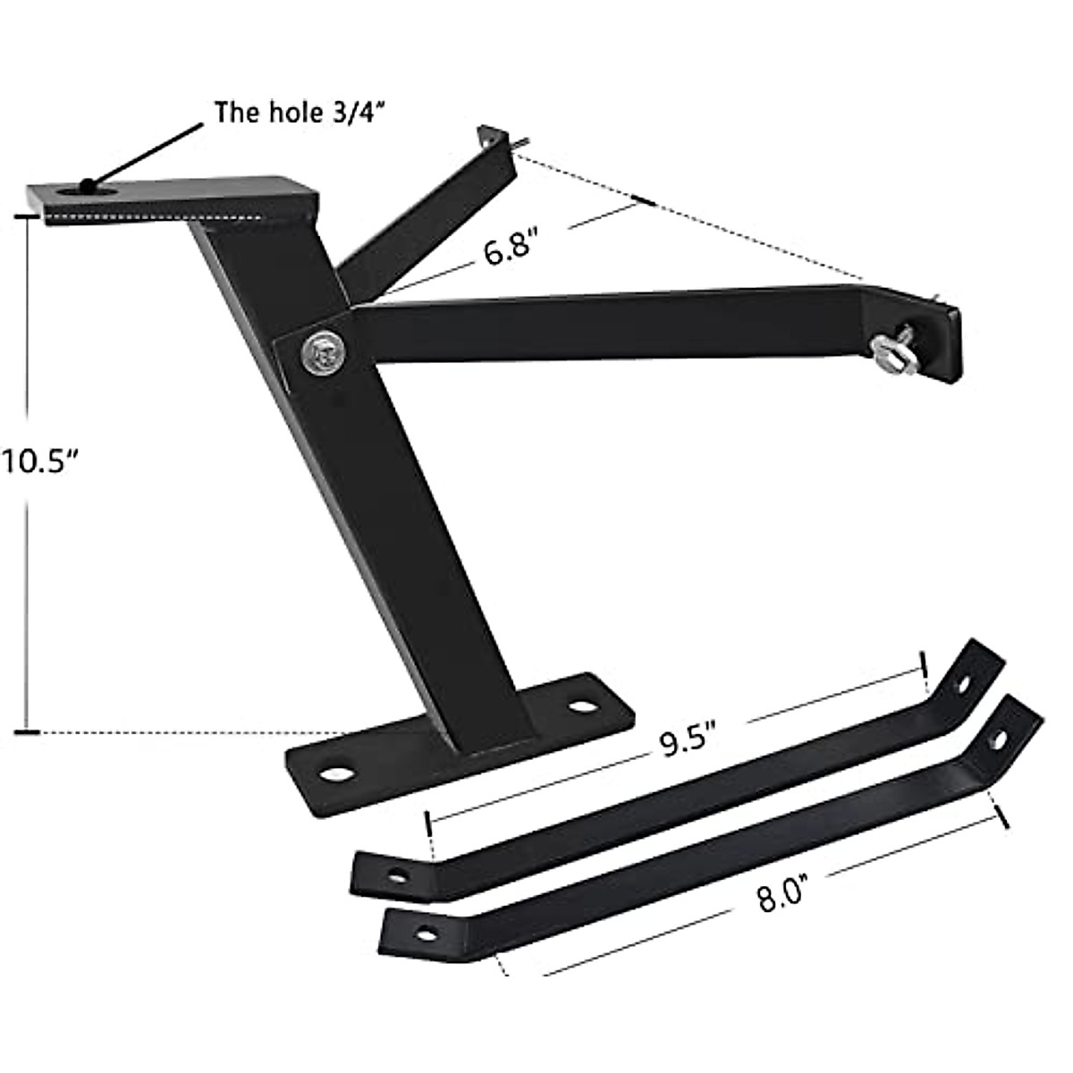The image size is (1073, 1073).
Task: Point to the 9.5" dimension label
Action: [690, 741]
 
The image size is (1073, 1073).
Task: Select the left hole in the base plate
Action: [337, 771]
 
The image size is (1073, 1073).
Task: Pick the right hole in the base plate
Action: [583, 706]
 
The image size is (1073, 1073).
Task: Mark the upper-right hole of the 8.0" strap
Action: [999, 739]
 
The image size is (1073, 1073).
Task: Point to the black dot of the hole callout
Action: [87, 186]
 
